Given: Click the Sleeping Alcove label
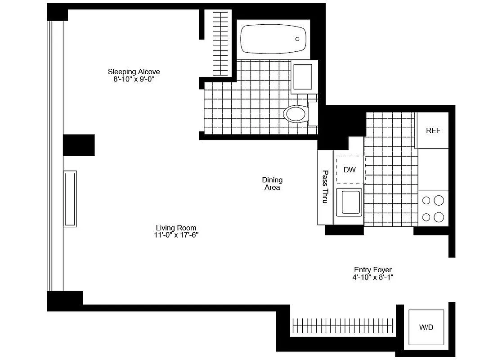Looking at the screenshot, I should click(134, 72).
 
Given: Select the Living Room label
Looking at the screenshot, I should click(176, 228).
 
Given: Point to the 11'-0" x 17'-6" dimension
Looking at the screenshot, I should click(176, 235).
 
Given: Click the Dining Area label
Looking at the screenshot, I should click(272, 184).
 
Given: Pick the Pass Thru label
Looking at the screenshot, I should click(325, 187).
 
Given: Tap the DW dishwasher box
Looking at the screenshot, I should click(349, 170).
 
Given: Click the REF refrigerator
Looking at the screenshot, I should click(433, 131).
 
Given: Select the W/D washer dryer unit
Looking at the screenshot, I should click(426, 327).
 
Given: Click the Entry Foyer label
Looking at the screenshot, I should click(373, 270).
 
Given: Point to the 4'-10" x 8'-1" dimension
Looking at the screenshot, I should click(373, 278).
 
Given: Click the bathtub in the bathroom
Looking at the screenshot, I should click(273, 39).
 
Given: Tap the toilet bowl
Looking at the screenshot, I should click(295, 113).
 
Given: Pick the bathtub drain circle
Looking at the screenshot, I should click(298, 39).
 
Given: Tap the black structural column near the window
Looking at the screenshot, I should click(79, 145).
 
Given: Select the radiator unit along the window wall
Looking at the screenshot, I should click(70, 198).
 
